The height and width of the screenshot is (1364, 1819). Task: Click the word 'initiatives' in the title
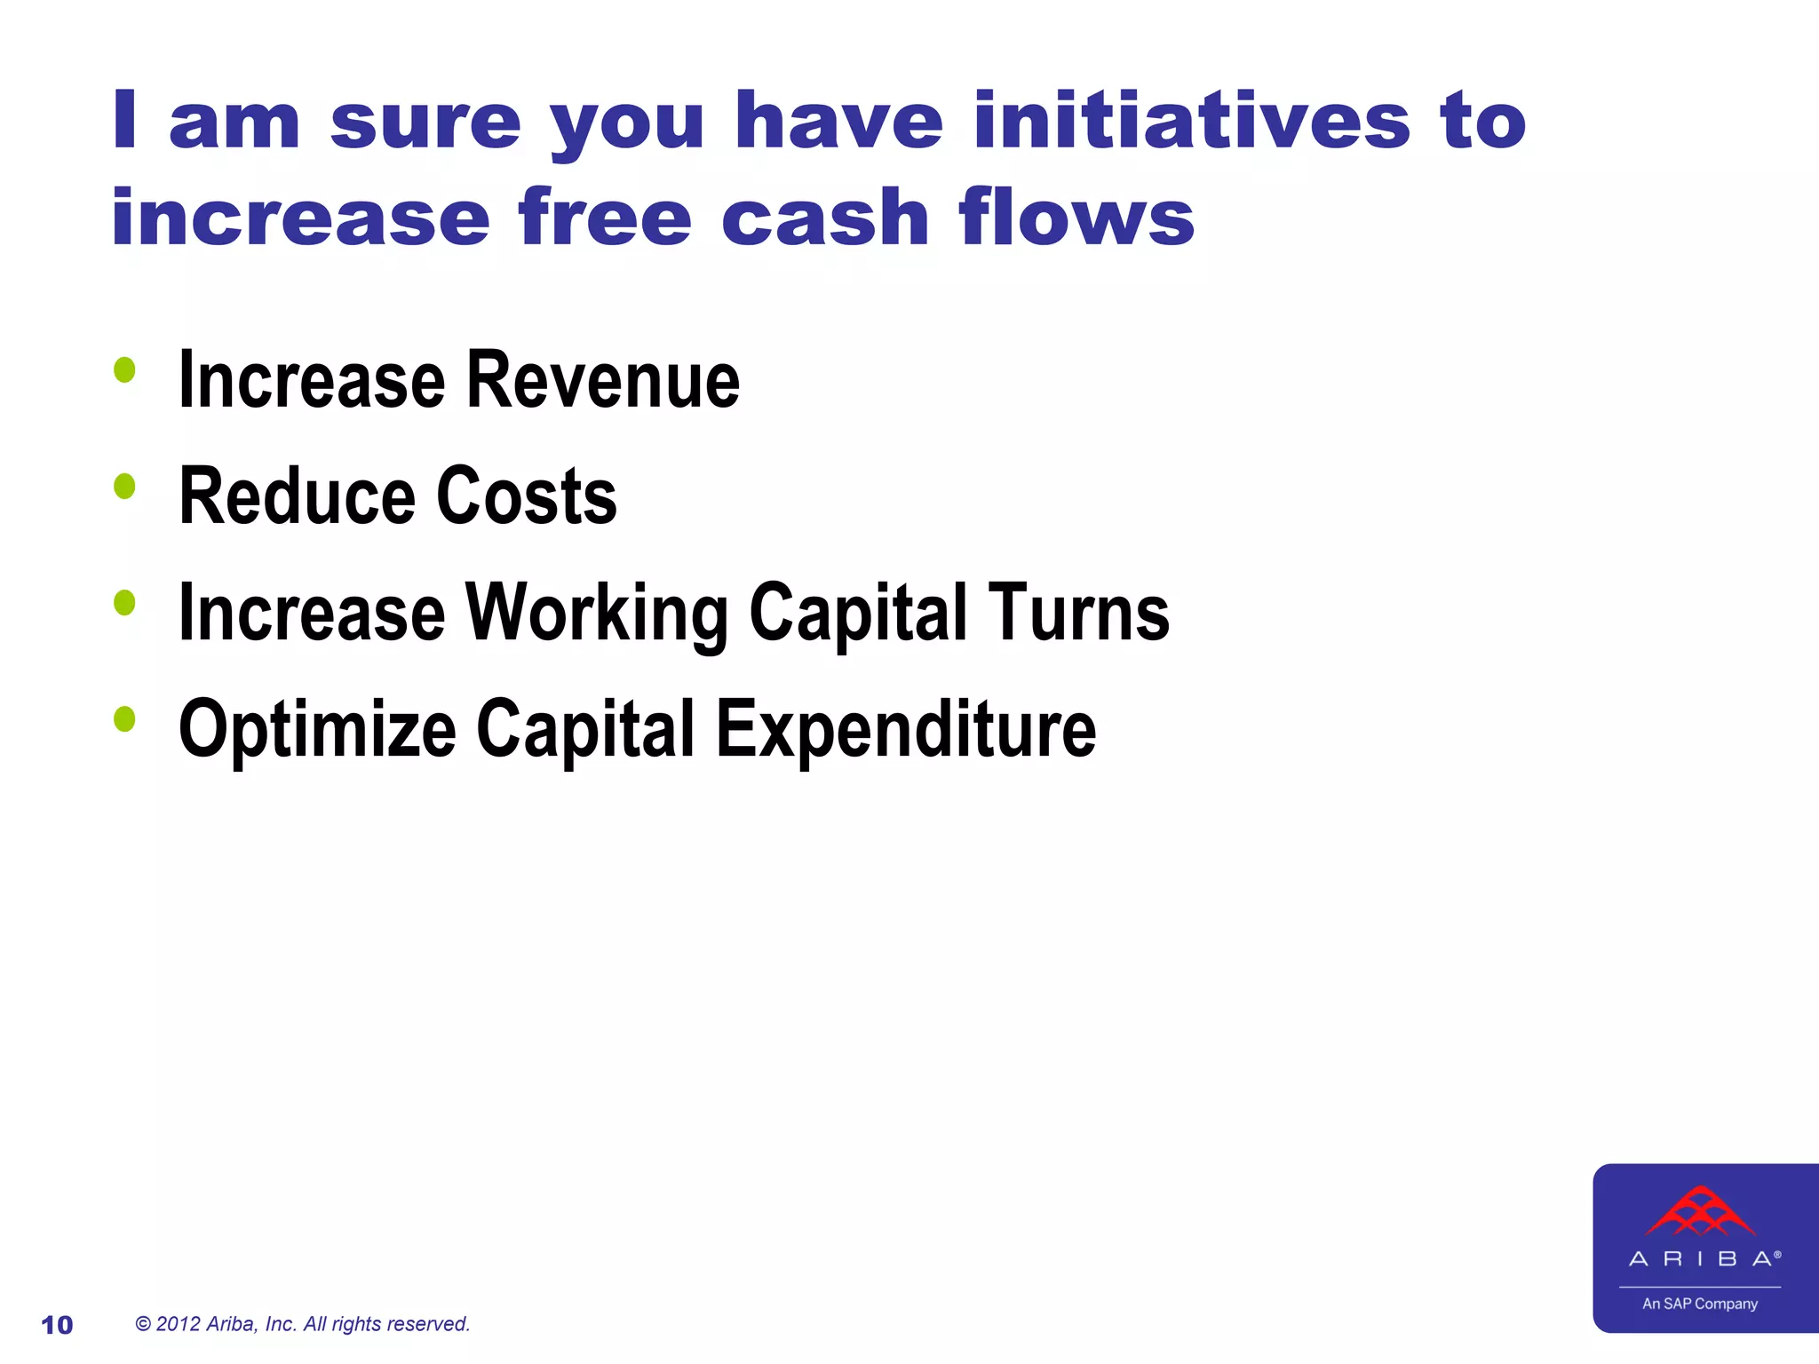pyautogui.click(x=1191, y=122)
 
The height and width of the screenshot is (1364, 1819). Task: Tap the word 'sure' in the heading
pyautogui.click(x=425, y=122)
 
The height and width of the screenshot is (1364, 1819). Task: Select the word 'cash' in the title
pyautogui.click(x=824, y=218)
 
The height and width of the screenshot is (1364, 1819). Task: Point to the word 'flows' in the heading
pyautogui.click(x=1076, y=218)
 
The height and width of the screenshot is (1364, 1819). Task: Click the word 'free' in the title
pyautogui.click(x=605, y=218)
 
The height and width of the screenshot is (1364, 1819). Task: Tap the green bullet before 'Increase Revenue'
pyautogui.click(x=124, y=369)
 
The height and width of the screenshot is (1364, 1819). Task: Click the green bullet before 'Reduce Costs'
pyautogui.click(x=124, y=486)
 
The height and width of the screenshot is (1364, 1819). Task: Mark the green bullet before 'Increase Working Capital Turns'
pyautogui.click(x=124, y=603)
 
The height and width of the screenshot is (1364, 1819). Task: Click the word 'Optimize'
pyautogui.click(x=317, y=730)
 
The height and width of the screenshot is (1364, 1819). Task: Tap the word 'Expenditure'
pyautogui.click(x=906, y=730)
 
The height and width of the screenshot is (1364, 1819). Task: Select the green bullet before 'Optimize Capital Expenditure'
pyautogui.click(x=124, y=718)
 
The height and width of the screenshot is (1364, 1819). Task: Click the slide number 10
pyautogui.click(x=57, y=1325)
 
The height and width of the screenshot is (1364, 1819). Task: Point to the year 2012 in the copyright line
pyautogui.click(x=178, y=1324)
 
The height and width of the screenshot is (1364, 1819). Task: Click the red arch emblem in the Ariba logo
pyautogui.click(x=1700, y=1212)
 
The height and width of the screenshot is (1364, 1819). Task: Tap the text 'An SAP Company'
pyautogui.click(x=1699, y=1304)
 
